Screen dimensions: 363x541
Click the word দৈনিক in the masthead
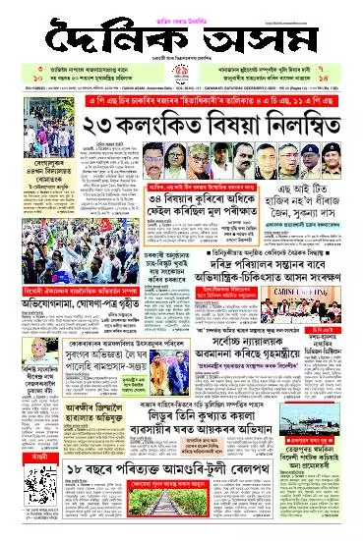[x=98, y=38]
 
